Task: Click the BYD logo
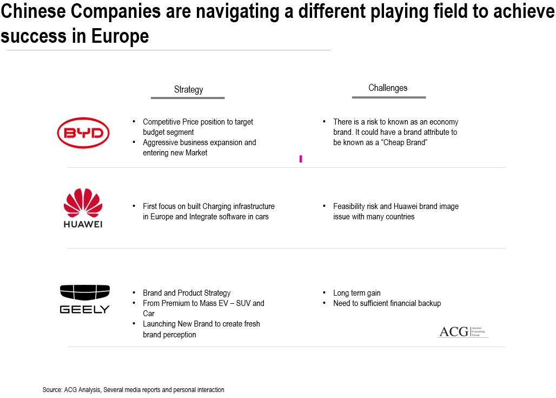pos(84,132)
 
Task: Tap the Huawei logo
pos(83,208)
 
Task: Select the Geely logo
pos(84,299)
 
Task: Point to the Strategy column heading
pos(188,89)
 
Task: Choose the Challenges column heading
pos(388,88)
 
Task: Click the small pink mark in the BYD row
pos(301,159)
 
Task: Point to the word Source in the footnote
pos(51,390)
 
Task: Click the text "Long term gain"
pos(357,293)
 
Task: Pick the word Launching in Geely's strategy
pos(160,324)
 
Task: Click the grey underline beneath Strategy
pos(188,98)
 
